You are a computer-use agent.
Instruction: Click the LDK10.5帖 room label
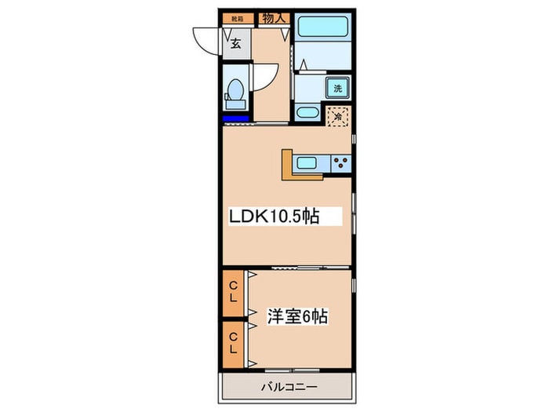(274, 217)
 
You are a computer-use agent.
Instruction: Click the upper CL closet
(233, 297)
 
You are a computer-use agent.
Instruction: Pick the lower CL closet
(233, 343)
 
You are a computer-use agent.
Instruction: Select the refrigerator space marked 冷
(338, 117)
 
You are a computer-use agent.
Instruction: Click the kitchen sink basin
(307, 162)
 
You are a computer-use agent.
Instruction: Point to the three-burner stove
(341, 162)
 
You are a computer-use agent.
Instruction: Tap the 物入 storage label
(274, 17)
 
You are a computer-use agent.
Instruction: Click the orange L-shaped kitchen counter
(288, 168)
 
